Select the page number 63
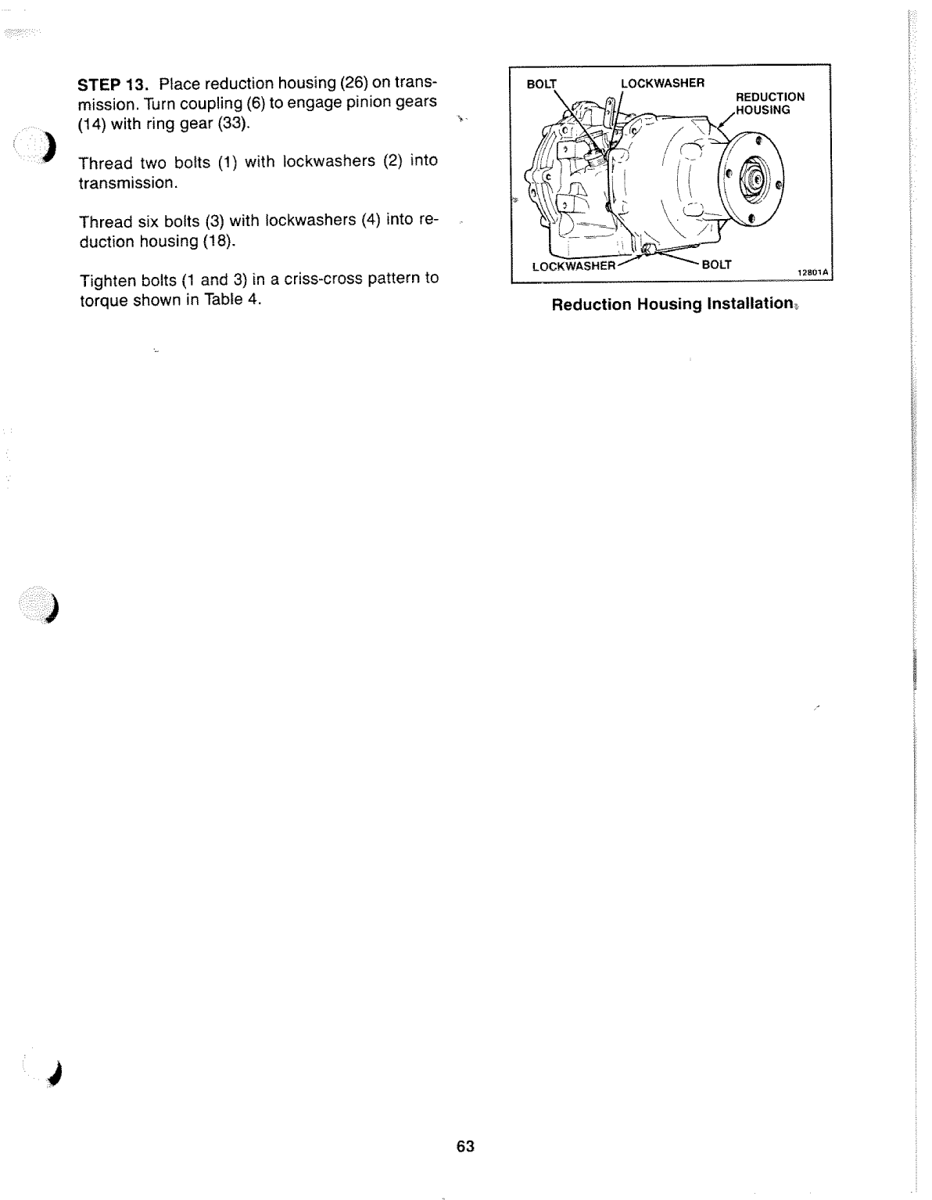point(465,1146)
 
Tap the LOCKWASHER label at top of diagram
point(662,83)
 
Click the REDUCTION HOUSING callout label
point(769,103)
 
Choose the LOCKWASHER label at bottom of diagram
point(574,266)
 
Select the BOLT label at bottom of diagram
point(716,264)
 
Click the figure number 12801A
point(812,272)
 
